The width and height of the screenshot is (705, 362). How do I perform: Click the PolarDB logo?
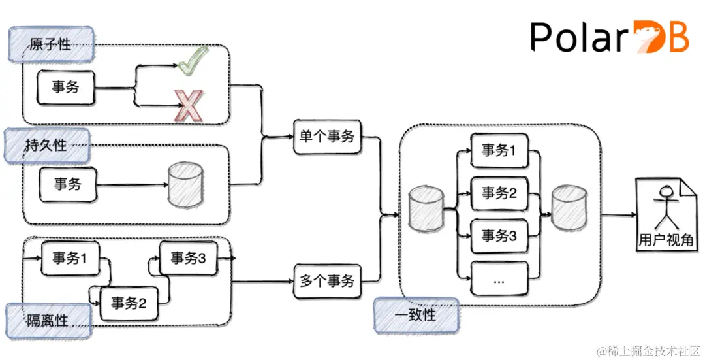click(608, 37)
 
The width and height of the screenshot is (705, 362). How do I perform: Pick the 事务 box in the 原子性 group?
click(65, 88)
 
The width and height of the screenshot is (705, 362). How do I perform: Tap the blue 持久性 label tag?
click(46, 145)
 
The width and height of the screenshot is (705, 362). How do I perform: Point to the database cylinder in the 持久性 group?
click(185, 184)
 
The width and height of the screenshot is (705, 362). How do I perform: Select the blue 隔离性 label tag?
click(48, 320)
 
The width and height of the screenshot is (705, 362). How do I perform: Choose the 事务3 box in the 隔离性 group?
click(188, 258)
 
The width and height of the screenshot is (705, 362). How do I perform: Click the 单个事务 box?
click(327, 136)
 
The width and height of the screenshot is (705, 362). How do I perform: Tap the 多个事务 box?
click(327, 281)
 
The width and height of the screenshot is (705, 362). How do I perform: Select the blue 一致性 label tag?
click(416, 315)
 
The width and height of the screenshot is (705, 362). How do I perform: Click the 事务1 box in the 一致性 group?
click(499, 150)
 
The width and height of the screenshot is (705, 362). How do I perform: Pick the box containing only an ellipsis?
click(499, 280)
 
